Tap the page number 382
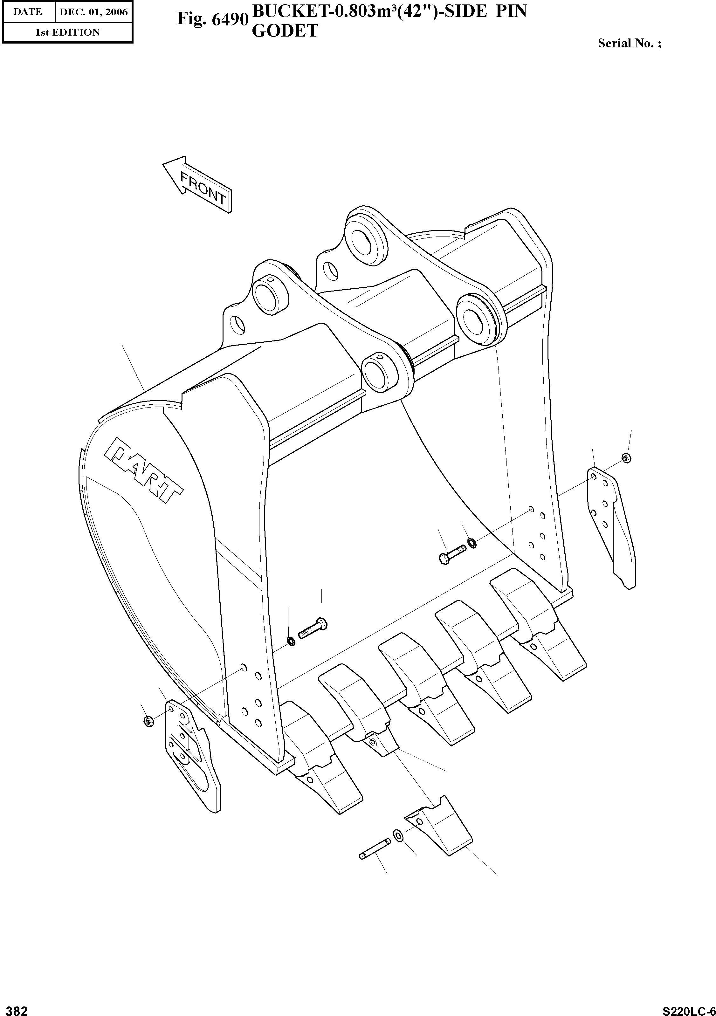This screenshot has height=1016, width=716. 15,1008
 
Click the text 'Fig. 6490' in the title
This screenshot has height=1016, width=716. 211,18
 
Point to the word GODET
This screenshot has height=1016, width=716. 285,31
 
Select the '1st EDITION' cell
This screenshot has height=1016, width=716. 67,32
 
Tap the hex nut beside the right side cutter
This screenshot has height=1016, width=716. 626,457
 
